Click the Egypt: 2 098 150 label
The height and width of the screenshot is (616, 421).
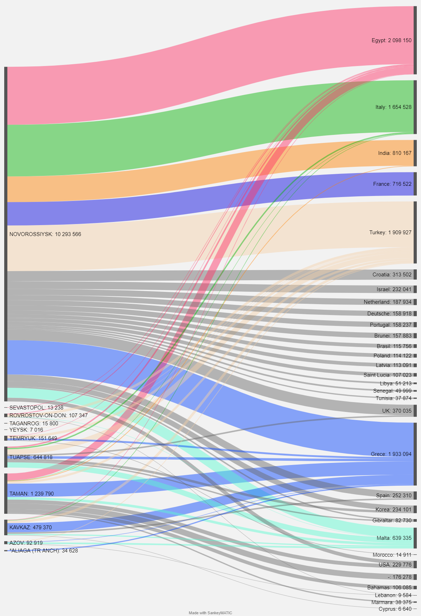click(391, 40)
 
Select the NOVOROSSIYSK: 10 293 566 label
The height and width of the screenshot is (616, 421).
click(45, 234)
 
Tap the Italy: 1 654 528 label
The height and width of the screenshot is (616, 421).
click(393, 107)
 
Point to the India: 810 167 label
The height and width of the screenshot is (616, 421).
click(395, 153)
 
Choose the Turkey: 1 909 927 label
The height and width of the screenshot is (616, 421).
click(390, 232)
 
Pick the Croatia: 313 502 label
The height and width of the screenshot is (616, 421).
click(392, 275)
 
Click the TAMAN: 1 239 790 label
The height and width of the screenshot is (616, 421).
click(32, 494)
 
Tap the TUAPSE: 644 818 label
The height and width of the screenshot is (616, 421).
click(31, 457)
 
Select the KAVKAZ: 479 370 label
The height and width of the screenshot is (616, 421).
click(31, 527)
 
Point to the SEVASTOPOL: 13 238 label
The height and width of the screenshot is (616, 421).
click(36, 408)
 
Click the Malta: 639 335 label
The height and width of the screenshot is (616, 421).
click(394, 538)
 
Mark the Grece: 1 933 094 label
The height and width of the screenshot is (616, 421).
click(391, 454)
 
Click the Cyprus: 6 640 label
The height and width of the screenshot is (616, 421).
click(395, 609)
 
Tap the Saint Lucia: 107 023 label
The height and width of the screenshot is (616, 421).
click(387, 375)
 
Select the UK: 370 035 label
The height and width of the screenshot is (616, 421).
click(397, 411)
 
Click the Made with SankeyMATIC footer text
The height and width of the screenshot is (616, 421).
click(210, 613)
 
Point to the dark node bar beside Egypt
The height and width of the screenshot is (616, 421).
click(415, 40)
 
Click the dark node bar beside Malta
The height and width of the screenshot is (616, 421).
click(415, 538)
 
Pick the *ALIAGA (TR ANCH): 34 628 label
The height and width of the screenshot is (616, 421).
click(44, 551)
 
